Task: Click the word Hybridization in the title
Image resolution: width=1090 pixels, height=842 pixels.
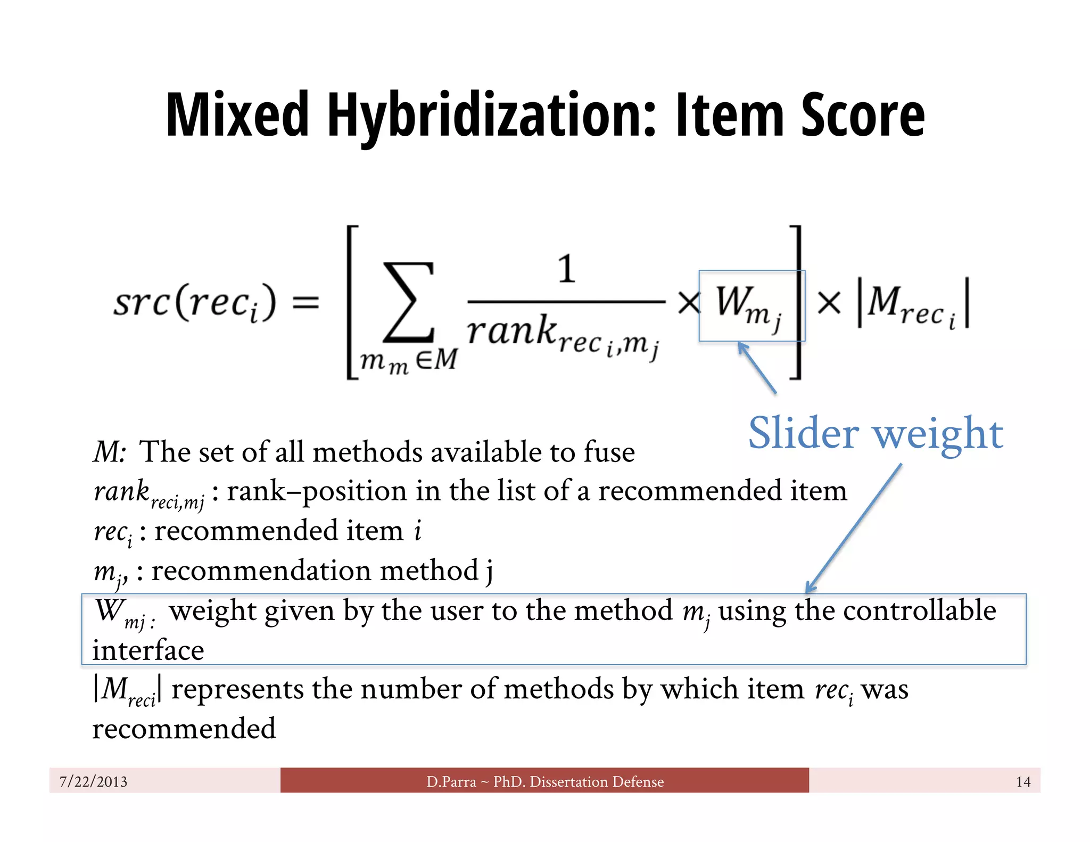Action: click(x=491, y=115)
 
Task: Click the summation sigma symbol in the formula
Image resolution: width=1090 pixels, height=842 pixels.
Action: click(x=409, y=302)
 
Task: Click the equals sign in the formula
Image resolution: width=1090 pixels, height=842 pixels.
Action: click(x=306, y=303)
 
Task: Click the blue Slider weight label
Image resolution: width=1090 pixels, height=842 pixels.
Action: click(x=876, y=433)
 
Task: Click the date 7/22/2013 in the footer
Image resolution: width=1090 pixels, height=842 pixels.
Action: click(x=94, y=781)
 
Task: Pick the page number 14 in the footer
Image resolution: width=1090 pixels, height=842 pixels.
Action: click(x=1023, y=781)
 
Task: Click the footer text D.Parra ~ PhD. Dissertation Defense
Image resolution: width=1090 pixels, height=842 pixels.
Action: click(x=545, y=781)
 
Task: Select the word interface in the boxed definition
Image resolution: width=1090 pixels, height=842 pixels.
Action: click(x=148, y=650)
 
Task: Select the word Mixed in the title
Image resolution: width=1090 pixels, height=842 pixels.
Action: click(x=237, y=115)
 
